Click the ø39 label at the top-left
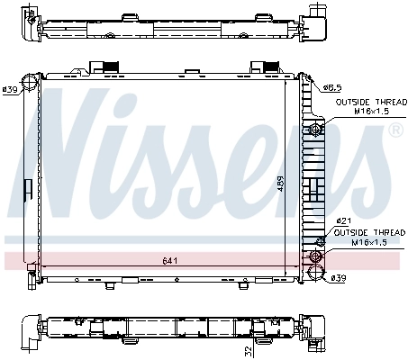[11, 89]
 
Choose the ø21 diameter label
[342, 221]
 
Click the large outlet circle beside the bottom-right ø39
[315, 274]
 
